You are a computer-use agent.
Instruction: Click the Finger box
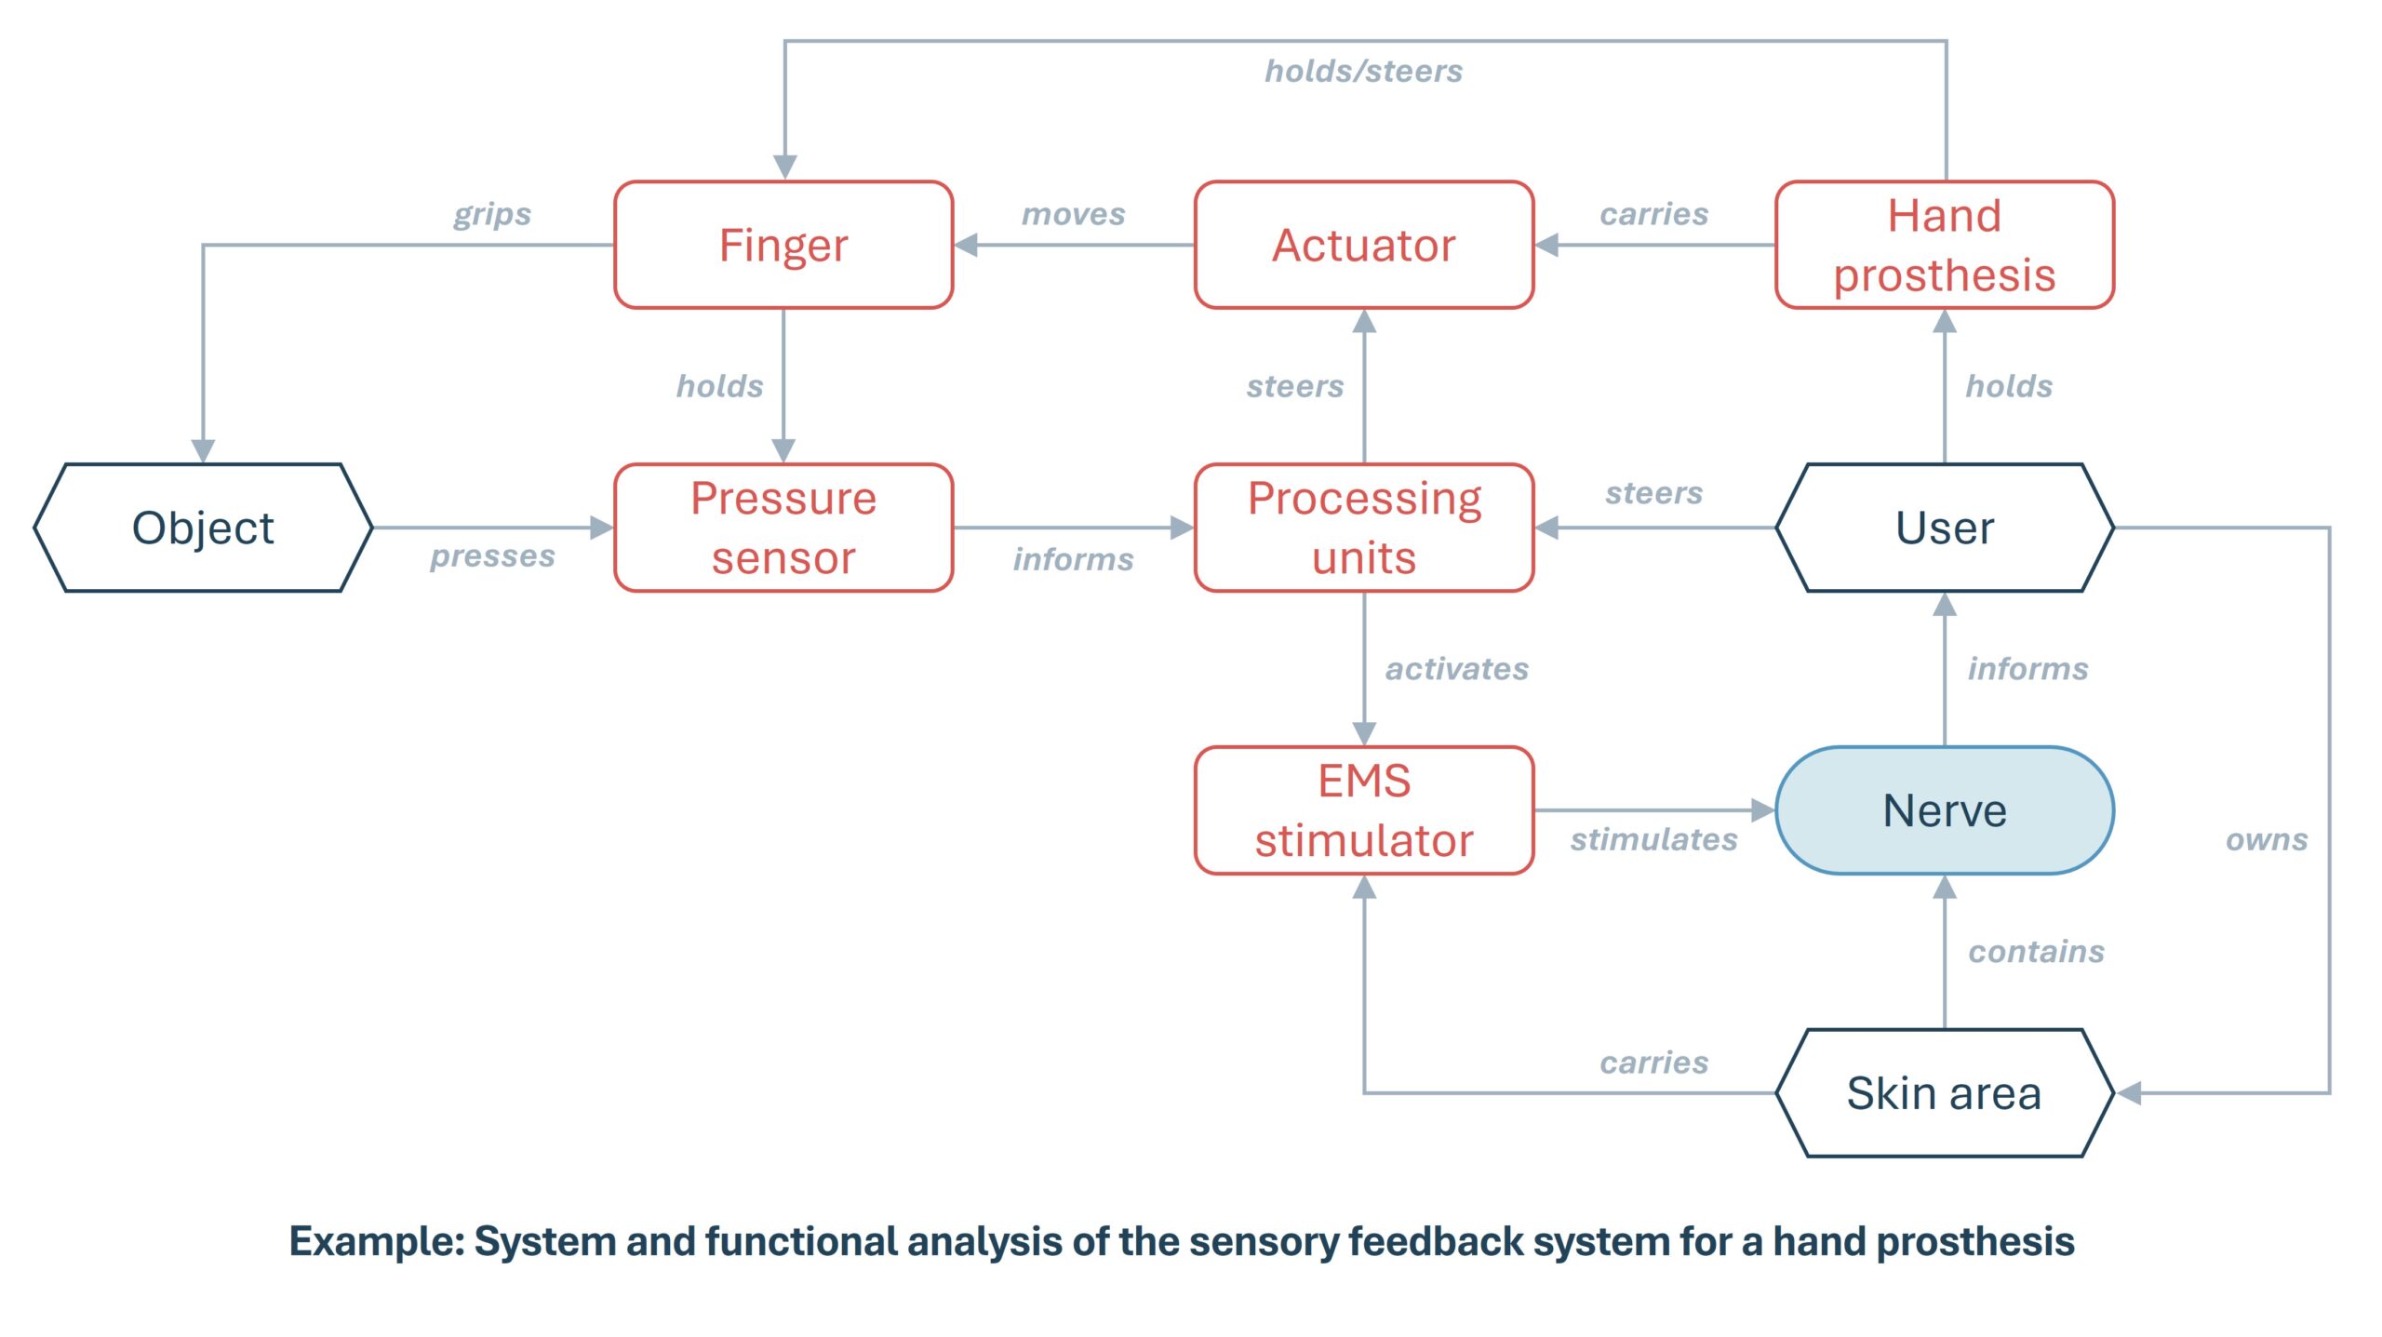[x=783, y=245]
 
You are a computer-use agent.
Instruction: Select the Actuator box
[x=1363, y=245]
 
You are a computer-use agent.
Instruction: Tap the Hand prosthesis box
[x=1944, y=245]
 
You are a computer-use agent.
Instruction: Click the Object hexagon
[x=203, y=528]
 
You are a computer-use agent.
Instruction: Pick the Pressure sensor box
[x=783, y=528]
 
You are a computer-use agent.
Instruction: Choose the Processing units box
[x=1363, y=528]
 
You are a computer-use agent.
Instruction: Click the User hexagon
[x=1944, y=528]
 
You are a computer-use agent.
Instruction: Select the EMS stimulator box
[x=1363, y=810]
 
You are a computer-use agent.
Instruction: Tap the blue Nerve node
[x=1944, y=810]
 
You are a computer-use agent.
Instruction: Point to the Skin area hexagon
[x=1944, y=1092]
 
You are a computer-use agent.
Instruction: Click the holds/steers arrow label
[x=1363, y=72]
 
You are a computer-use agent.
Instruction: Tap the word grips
[x=492, y=214]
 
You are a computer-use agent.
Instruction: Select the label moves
[x=1073, y=214]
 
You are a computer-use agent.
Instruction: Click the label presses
[x=492, y=556]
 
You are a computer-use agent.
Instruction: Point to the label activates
[x=1456, y=669]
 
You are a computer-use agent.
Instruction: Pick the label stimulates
[x=1653, y=839]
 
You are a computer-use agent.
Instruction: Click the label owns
[x=2266, y=839]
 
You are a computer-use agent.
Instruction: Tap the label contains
[x=2036, y=951]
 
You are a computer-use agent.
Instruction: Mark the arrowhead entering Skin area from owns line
[x=2129, y=1092]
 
